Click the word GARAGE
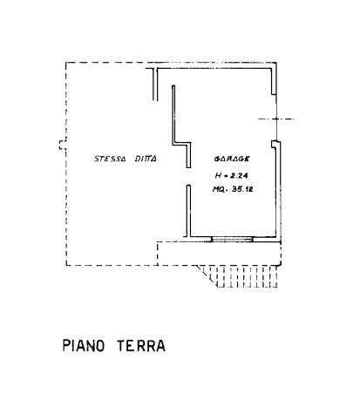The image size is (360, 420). click(x=232, y=159)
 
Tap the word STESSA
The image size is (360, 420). click(x=110, y=159)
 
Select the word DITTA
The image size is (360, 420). click(x=146, y=159)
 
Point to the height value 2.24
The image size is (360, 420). click(x=239, y=175)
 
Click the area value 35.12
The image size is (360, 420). click(x=242, y=189)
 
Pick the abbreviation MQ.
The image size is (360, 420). click(x=220, y=189)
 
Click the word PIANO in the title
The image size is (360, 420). click(x=84, y=346)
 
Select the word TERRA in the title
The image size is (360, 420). click(x=141, y=346)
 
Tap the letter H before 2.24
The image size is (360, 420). click(x=219, y=175)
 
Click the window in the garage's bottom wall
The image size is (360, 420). click(x=232, y=239)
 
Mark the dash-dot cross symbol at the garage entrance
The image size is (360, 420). click(x=276, y=119)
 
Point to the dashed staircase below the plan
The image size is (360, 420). click(x=246, y=277)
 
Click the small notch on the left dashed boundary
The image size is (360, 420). click(x=63, y=145)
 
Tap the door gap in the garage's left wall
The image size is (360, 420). click(x=188, y=176)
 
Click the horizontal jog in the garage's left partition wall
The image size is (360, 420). click(x=182, y=144)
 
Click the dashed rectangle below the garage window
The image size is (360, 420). click(x=219, y=254)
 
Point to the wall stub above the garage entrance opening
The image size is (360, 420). click(x=274, y=82)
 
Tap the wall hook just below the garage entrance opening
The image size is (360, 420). click(x=274, y=145)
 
